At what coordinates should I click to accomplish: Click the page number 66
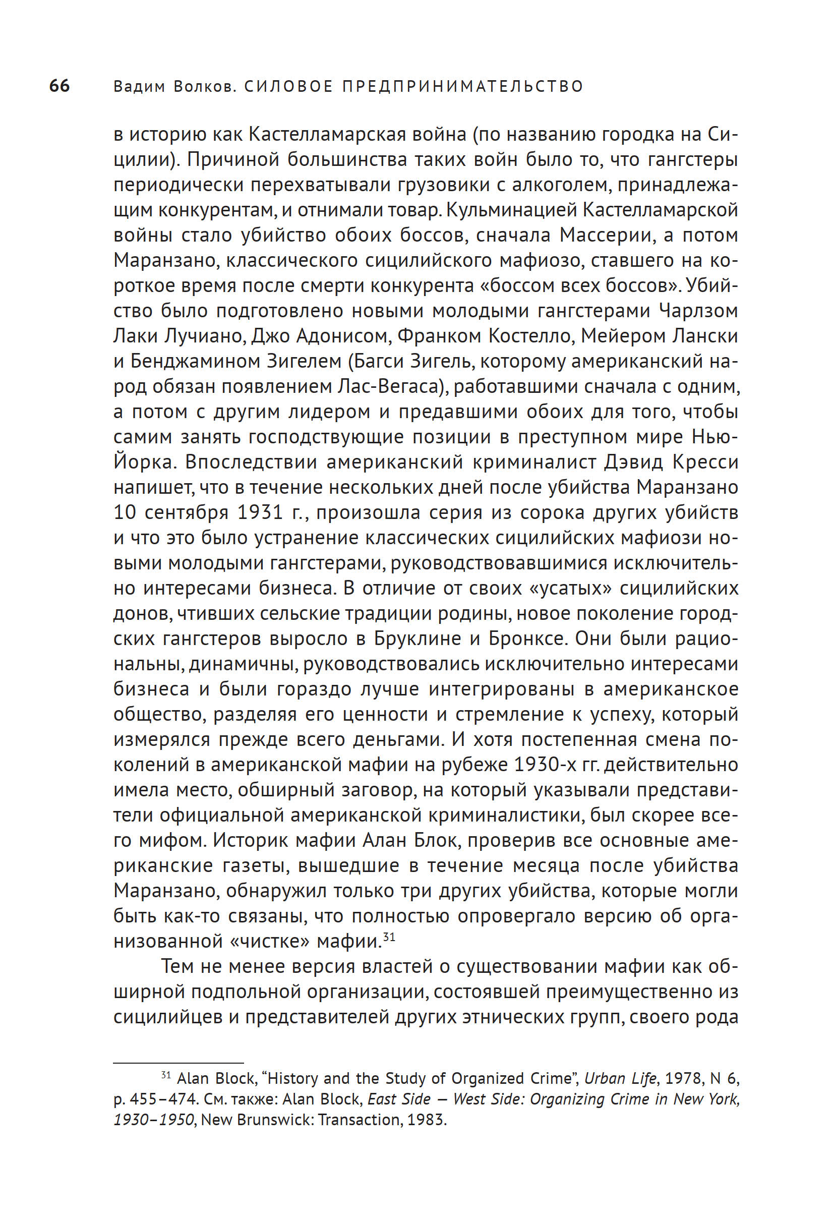tap(59, 86)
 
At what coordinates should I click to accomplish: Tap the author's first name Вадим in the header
tap(139, 86)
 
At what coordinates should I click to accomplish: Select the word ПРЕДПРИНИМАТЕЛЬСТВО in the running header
tap(463, 86)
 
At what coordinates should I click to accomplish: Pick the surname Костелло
tap(530, 336)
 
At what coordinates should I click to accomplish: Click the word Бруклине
tap(418, 638)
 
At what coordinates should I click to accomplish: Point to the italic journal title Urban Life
tap(620, 1079)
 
